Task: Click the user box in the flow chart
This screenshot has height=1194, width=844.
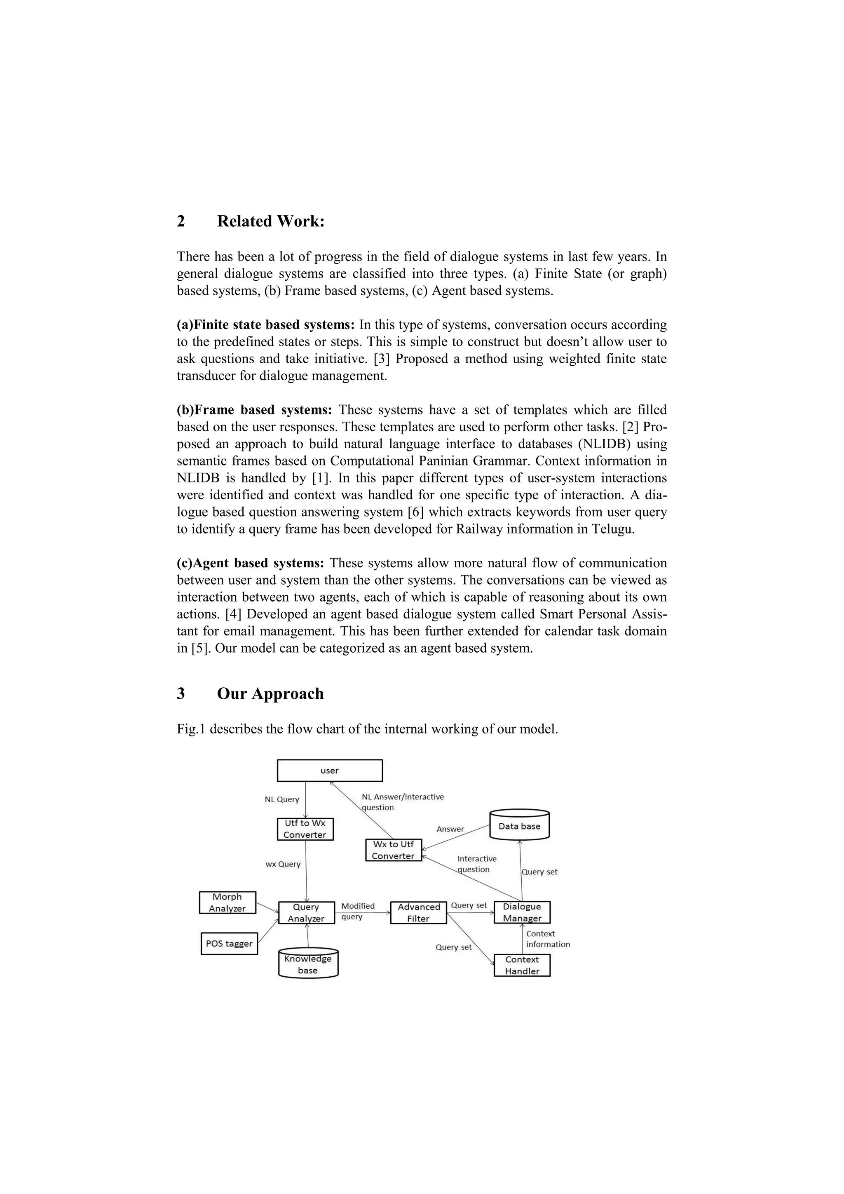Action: point(330,771)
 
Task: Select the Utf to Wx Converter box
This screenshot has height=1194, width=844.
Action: point(305,829)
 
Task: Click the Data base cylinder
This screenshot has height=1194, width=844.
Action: point(519,826)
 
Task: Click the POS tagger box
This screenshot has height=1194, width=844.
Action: point(229,943)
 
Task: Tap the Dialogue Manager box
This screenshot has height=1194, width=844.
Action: point(522,912)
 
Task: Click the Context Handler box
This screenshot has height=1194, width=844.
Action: point(522,965)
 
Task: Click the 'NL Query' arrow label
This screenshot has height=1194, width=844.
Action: point(282,799)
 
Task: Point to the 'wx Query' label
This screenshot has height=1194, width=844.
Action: point(283,864)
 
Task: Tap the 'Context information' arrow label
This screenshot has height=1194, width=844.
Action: point(547,939)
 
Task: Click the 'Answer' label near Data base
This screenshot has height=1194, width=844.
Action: point(450,829)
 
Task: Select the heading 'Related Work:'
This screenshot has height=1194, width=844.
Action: point(270,221)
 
